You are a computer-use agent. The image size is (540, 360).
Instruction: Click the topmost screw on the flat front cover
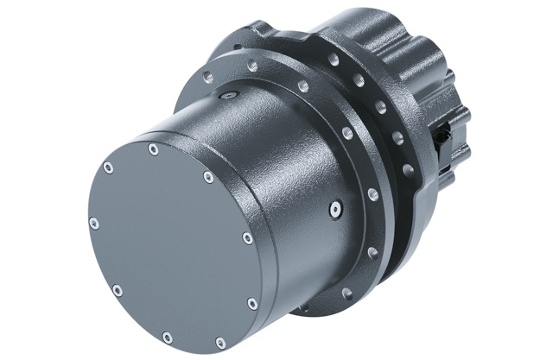coord(153,149)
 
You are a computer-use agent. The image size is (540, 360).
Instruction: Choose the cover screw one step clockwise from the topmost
coord(208,177)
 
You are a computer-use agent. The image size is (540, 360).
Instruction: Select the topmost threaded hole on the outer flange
coord(332,60)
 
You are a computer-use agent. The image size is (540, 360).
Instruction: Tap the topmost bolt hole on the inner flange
coord(251,66)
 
